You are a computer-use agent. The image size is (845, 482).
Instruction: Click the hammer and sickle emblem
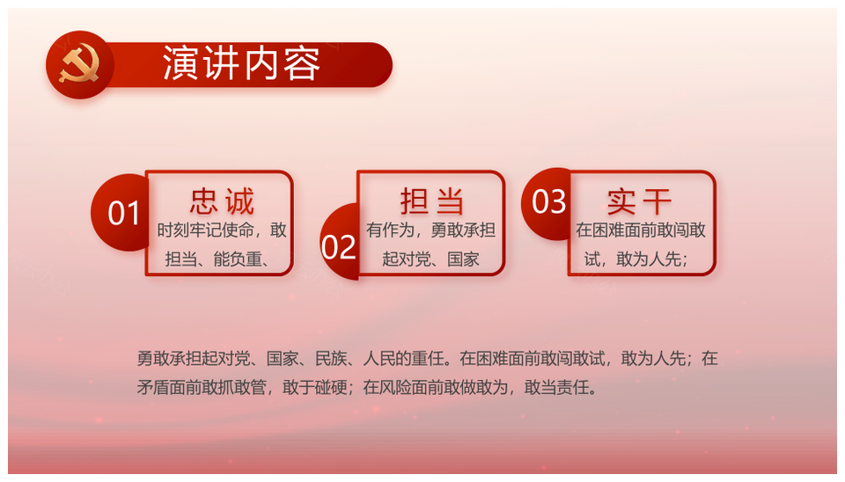[x=79, y=64]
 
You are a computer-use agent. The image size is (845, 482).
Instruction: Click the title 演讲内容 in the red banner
[x=242, y=63]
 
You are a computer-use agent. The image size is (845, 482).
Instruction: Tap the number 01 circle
[x=121, y=212]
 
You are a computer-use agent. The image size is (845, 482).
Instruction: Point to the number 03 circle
[x=547, y=202]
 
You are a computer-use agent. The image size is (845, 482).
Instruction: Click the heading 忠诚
[x=222, y=201]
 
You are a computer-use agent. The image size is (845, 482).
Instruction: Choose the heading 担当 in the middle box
[x=431, y=201]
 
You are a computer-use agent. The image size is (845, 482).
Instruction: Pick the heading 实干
[x=639, y=201]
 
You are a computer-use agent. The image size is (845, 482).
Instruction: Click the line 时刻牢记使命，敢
[x=222, y=230]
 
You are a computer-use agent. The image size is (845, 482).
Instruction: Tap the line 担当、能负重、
[x=217, y=259]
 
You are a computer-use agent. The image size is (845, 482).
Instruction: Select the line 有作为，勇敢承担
[x=430, y=230]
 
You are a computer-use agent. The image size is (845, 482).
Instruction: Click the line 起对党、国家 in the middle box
[x=430, y=259]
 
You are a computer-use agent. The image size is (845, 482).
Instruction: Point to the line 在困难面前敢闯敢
[x=640, y=230]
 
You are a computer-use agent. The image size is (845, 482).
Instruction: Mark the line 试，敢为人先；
[x=636, y=259]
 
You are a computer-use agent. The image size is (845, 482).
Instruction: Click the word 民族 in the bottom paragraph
[x=330, y=359]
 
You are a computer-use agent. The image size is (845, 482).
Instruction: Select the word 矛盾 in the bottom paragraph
[x=152, y=387]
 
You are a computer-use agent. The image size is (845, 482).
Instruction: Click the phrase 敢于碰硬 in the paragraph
[x=314, y=387]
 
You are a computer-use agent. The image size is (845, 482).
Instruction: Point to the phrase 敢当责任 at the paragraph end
[x=556, y=387]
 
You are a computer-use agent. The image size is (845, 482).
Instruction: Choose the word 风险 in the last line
[x=395, y=387]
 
